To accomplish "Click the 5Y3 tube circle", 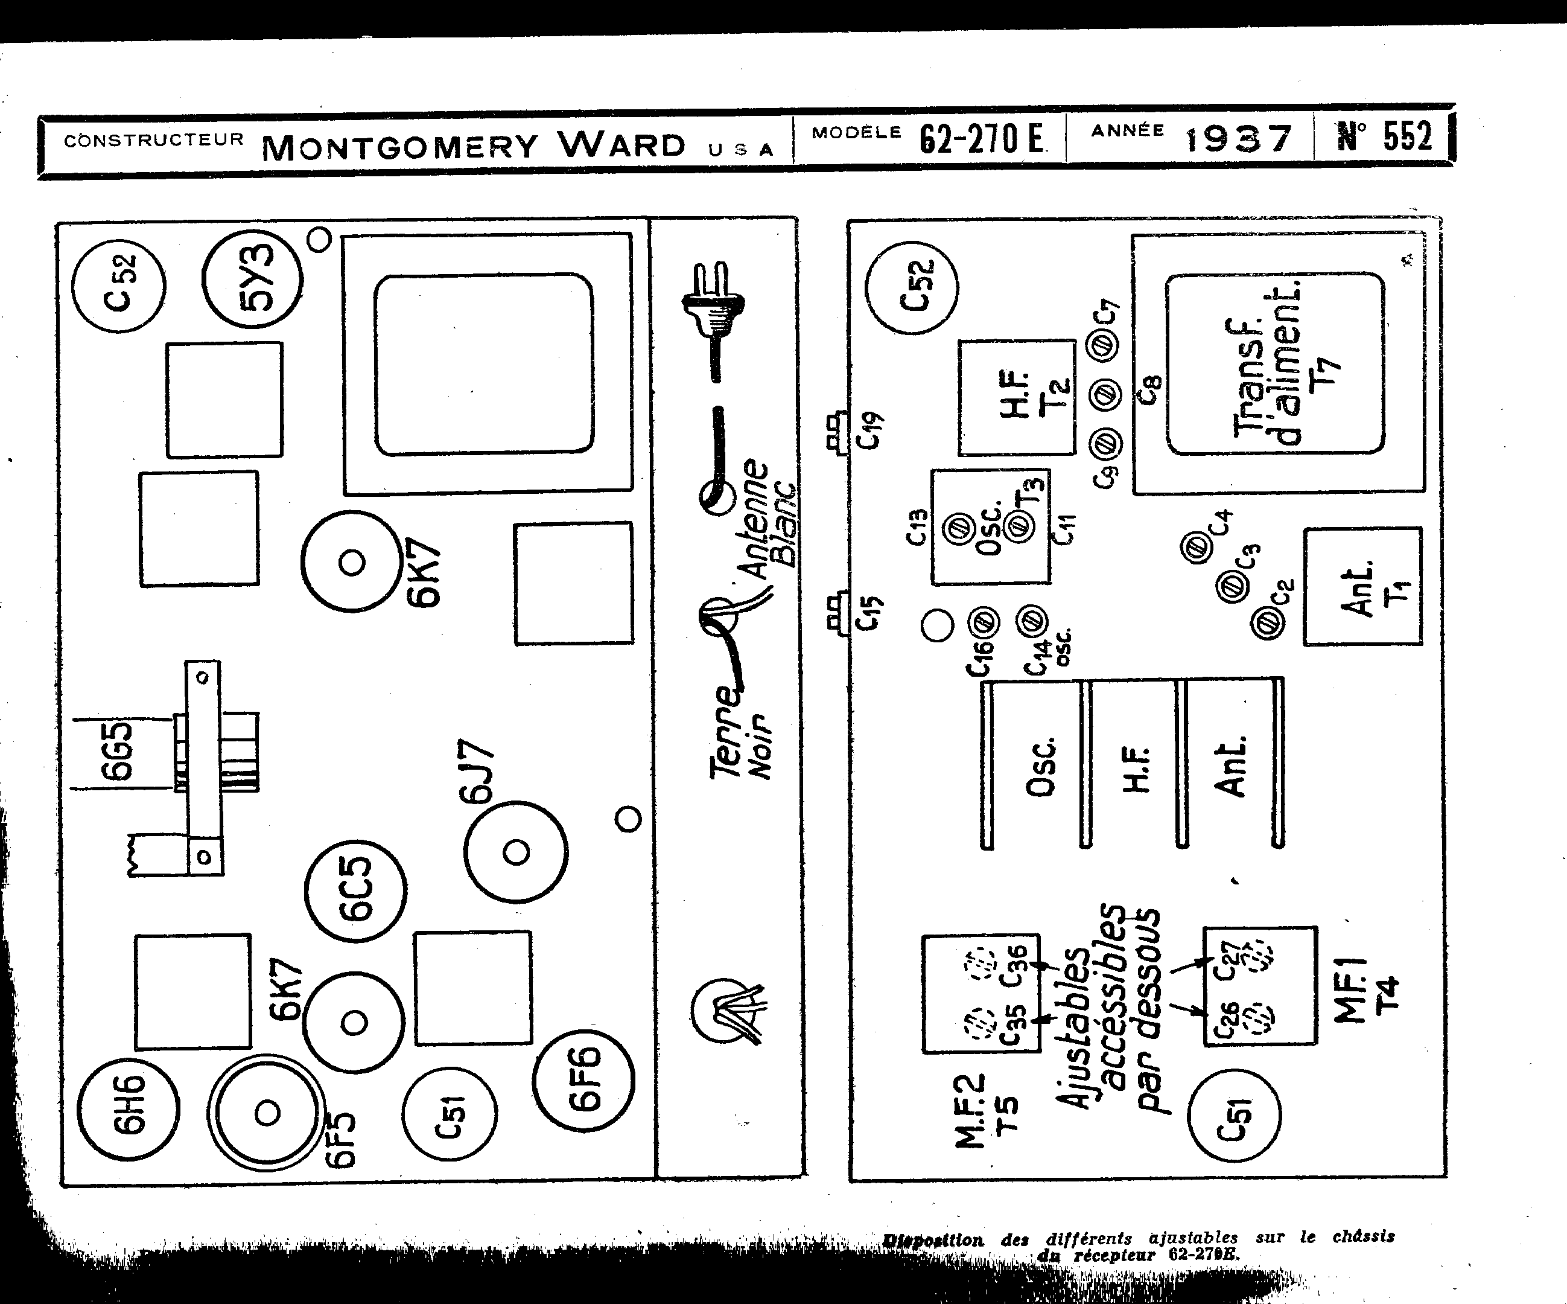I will [252, 279].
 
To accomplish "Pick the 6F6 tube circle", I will [584, 1080].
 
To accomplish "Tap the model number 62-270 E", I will [981, 138].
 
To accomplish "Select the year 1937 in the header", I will [1238, 138].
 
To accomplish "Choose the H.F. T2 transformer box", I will [1016, 397].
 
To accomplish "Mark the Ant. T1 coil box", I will [1362, 587].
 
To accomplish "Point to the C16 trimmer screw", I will [984, 621].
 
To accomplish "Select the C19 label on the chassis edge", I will [870, 430].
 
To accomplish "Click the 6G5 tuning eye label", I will [118, 751].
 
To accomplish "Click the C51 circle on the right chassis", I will [1233, 1115].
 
